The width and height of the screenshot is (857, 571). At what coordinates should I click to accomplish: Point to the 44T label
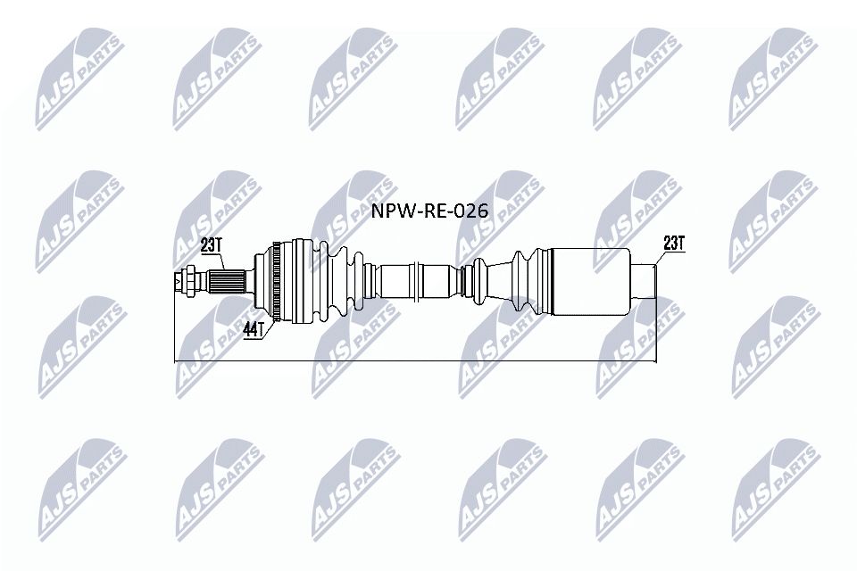(x=253, y=330)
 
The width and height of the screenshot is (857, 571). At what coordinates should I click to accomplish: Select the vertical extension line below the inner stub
(x=655, y=330)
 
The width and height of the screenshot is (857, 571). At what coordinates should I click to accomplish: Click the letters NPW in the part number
(x=387, y=211)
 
